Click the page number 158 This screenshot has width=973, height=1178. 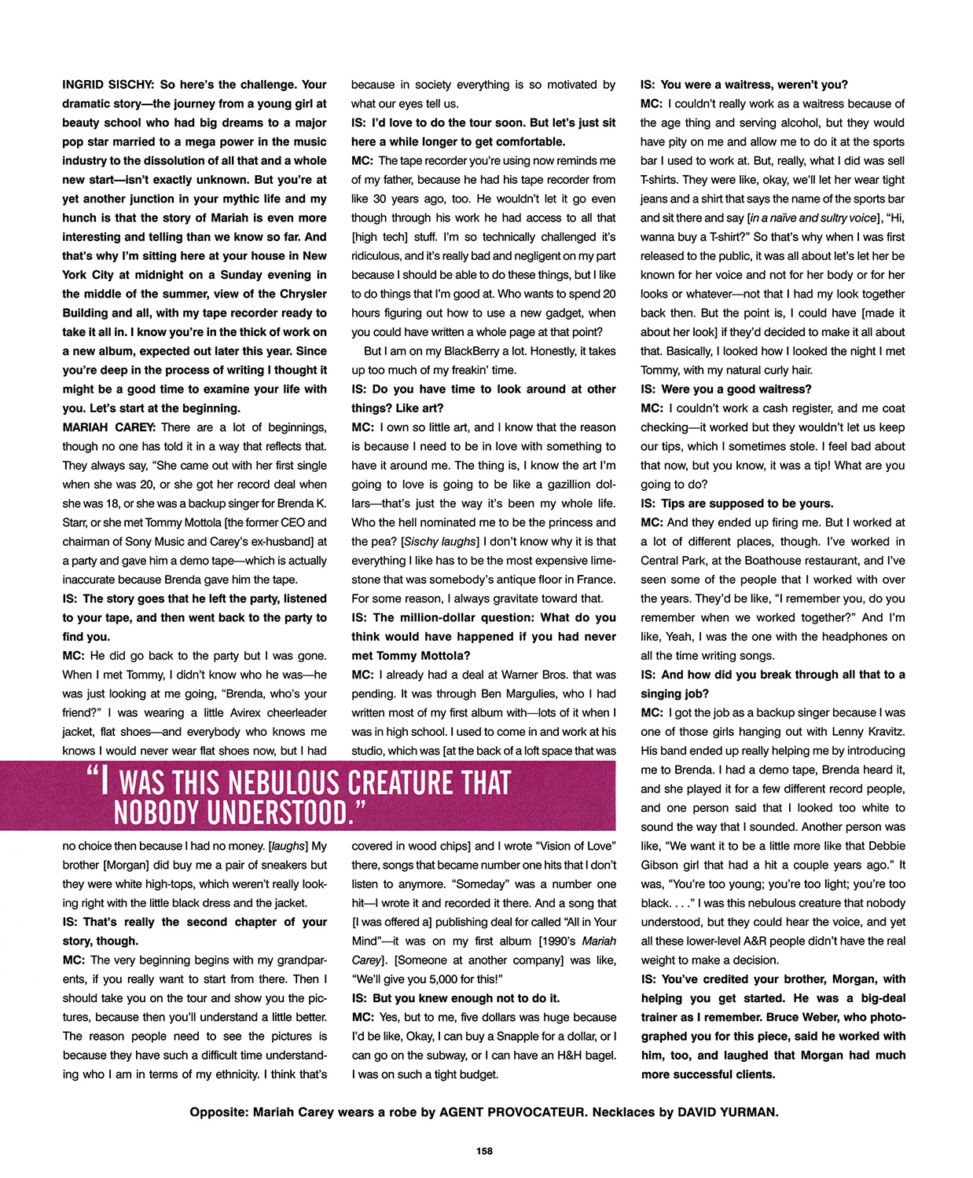484,1151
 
